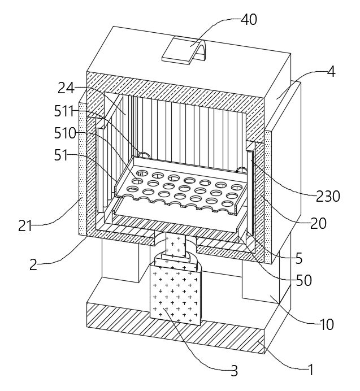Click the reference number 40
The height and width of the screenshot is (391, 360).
pos(249,19)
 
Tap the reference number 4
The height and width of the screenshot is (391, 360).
pos(331,71)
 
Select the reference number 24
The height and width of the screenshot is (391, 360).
pos(66,88)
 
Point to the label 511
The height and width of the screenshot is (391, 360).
pos(64,111)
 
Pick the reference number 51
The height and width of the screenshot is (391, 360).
pos(61,155)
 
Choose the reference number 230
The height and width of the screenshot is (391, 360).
pos(328,196)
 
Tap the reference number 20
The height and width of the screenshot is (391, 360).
pos(318,223)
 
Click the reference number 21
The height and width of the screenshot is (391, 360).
pos(25,226)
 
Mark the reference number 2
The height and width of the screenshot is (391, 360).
pos(33,265)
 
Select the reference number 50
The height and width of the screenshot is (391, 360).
pos(304,280)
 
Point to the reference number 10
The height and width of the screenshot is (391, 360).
pos(327,324)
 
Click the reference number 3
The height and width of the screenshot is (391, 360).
pos(234,371)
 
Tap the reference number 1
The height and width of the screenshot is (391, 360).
pos(311,370)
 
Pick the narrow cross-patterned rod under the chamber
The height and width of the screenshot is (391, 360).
pos(176,246)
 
